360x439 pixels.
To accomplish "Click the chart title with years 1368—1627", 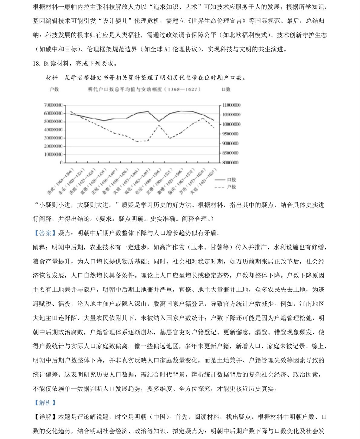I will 144,89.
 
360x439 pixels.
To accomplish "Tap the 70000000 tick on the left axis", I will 53,105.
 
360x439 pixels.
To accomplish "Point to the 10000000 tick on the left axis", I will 53,154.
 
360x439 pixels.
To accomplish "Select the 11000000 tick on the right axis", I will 231,105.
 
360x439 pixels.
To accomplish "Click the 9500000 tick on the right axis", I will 231,134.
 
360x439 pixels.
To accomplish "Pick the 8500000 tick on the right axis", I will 231,153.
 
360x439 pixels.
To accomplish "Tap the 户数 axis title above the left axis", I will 54,89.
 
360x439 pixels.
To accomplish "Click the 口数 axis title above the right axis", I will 226,89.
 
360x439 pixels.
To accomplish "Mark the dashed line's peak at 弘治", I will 159,125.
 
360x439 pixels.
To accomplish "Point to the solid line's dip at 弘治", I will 159,121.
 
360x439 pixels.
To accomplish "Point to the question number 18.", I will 36,63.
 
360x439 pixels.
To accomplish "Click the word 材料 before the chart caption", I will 52,78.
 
